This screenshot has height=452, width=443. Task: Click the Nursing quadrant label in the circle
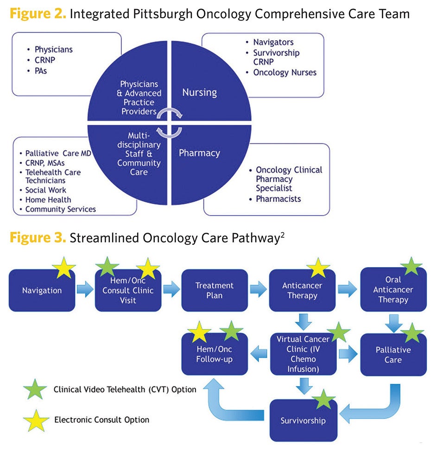coord(199,92)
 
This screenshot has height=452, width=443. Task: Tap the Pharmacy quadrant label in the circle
coord(199,153)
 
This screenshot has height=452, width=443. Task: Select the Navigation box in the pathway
coord(42,291)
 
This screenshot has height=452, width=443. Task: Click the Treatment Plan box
coord(214,291)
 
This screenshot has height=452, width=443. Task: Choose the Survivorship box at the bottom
coord(303,421)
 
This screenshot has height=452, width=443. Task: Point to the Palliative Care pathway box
coord(393,355)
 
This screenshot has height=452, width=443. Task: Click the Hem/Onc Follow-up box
coord(214,355)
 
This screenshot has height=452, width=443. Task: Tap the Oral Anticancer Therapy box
coord(393,290)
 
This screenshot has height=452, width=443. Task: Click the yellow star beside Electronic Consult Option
coord(36,420)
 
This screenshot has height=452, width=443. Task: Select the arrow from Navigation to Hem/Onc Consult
coord(85,290)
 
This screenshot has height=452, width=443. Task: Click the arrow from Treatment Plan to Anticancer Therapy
coord(258,290)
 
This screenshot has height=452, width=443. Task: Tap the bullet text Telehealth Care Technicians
coord(52,176)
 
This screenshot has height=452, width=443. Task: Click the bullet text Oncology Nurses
coord(285,72)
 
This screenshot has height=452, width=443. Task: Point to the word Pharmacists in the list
coord(278,199)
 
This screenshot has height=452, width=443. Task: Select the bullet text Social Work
coord(45,190)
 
